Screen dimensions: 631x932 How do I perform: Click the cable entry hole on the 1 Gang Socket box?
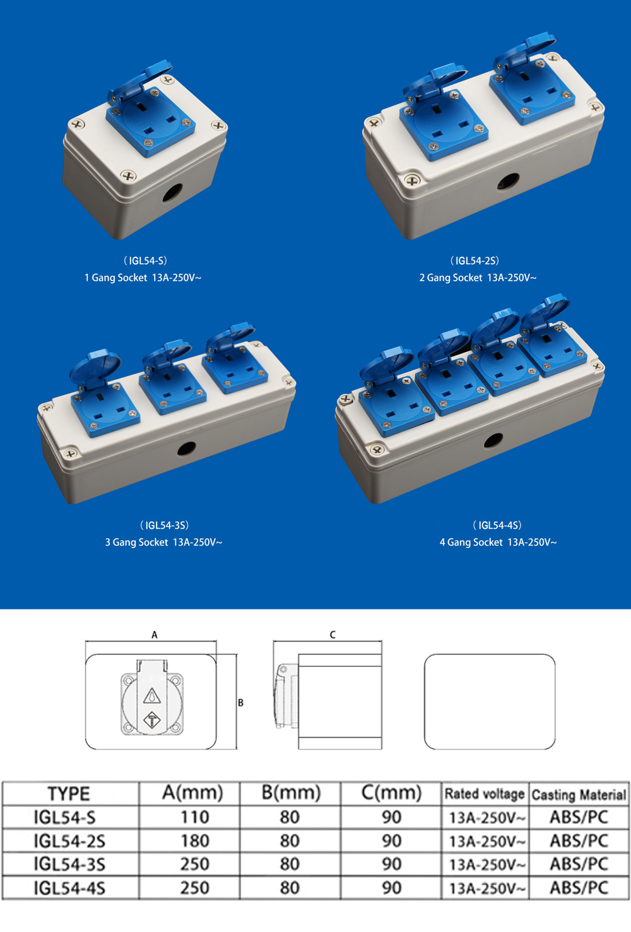click(172, 192)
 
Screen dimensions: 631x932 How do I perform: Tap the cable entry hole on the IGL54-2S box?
click(509, 181)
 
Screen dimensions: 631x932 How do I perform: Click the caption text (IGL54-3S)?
click(164, 525)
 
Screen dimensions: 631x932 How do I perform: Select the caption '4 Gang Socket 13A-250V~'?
click(498, 542)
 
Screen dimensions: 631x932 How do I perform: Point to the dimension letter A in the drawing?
click(155, 635)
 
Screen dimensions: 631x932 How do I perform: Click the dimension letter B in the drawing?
click(240, 703)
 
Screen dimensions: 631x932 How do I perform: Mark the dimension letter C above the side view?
click(333, 635)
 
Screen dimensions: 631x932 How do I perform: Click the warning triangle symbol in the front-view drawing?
click(152, 695)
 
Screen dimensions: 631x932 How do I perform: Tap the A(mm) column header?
click(192, 793)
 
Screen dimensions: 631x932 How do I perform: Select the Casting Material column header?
click(579, 794)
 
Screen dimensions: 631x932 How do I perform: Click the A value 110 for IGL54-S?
click(195, 817)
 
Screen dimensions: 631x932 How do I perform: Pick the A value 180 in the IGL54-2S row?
click(195, 841)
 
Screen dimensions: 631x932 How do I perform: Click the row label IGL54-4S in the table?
click(69, 888)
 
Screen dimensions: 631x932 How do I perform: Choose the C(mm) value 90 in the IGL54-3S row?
click(392, 864)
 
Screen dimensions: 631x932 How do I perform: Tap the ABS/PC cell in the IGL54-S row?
click(579, 817)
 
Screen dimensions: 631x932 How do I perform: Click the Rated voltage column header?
click(485, 794)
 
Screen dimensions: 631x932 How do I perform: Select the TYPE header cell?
click(69, 794)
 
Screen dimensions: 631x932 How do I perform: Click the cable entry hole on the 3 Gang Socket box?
click(186, 448)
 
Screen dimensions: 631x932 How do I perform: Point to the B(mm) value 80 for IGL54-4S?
click(290, 888)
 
